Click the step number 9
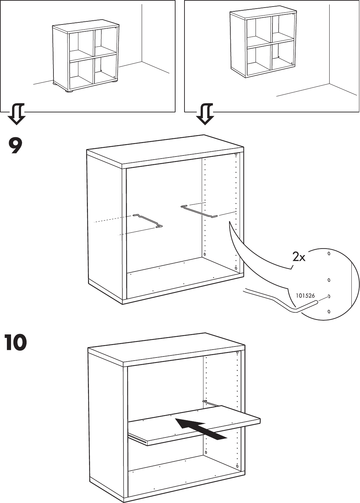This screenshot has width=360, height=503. click(16, 146)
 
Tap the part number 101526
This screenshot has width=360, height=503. click(305, 295)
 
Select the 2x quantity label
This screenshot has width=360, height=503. click(299, 257)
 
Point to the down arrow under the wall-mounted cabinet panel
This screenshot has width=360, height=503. click(205, 114)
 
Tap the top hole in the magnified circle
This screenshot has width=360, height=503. click(329, 254)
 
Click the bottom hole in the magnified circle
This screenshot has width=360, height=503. click(329, 312)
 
